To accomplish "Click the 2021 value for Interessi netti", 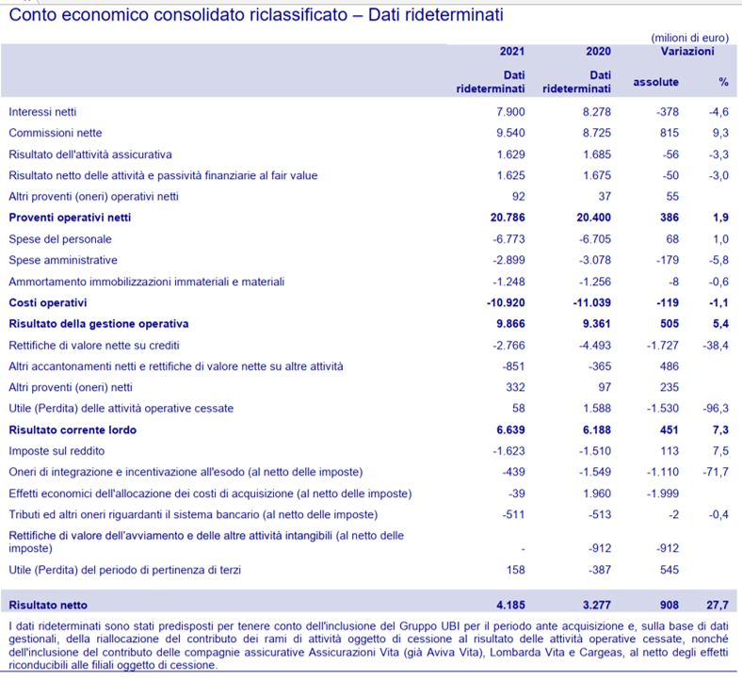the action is click(510, 112).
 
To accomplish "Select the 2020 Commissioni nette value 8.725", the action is click(597, 133).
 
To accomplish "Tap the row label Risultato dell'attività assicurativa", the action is click(90, 154).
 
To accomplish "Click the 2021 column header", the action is click(512, 51).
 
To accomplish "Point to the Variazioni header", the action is click(687, 51).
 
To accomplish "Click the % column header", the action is click(723, 82).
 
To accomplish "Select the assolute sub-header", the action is click(656, 82).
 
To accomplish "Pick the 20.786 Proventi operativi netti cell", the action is click(508, 218).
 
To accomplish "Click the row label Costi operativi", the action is click(48, 303).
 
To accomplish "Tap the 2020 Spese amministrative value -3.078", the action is click(595, 260).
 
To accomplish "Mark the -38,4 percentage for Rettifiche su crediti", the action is click(716, 346).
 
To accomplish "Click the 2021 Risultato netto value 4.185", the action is click(510, 605).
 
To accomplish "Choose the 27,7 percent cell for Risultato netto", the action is click(718, 605).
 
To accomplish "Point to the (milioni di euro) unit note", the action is click(690, 38).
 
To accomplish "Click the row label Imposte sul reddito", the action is click(56, 451).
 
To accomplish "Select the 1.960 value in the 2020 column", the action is click(597, 493).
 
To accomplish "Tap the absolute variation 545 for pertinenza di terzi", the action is click(669, 570).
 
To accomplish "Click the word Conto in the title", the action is click(33, 15).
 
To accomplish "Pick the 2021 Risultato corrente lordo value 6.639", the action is click(510, 430).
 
